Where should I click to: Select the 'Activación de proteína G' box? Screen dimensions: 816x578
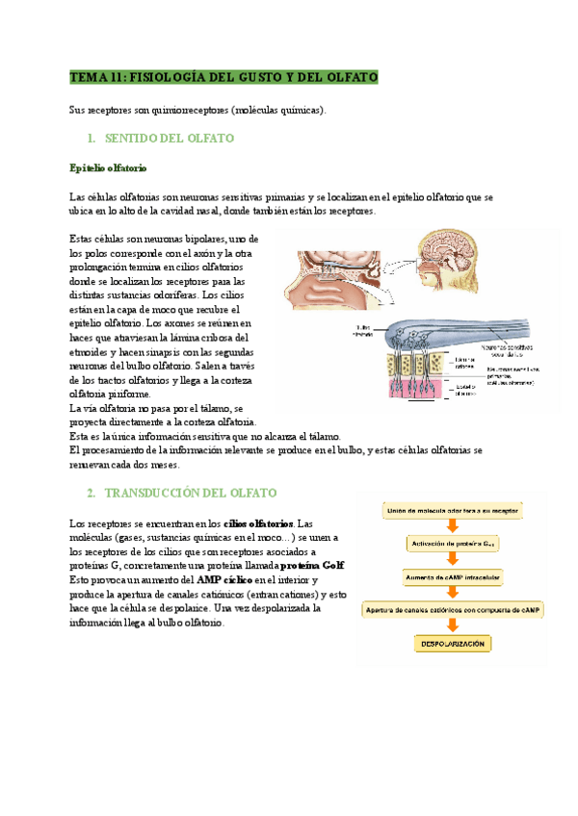451,543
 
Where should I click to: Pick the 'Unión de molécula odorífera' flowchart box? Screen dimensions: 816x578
451,509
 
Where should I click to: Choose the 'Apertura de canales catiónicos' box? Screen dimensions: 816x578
451,609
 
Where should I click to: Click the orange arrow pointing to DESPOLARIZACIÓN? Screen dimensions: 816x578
451,625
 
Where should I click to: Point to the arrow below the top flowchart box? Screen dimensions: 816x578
451,525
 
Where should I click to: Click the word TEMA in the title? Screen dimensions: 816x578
89,76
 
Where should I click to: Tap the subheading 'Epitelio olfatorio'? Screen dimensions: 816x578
109,168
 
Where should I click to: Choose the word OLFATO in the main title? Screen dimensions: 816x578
346,76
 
